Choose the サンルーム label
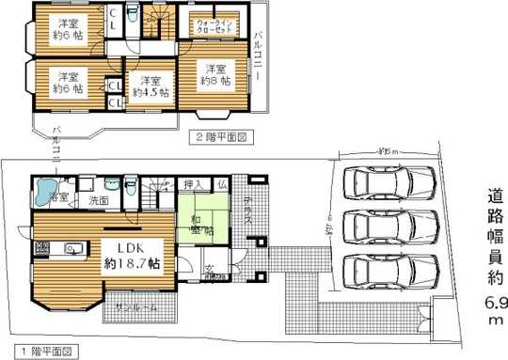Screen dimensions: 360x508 coord(138,308)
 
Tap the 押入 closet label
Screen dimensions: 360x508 coord(193,184)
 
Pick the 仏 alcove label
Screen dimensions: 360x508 coord(221,184)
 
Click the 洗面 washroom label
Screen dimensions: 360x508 coord(98,200)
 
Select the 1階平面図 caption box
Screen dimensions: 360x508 coord(40,351)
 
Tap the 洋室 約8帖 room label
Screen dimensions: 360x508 coord(216,75)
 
